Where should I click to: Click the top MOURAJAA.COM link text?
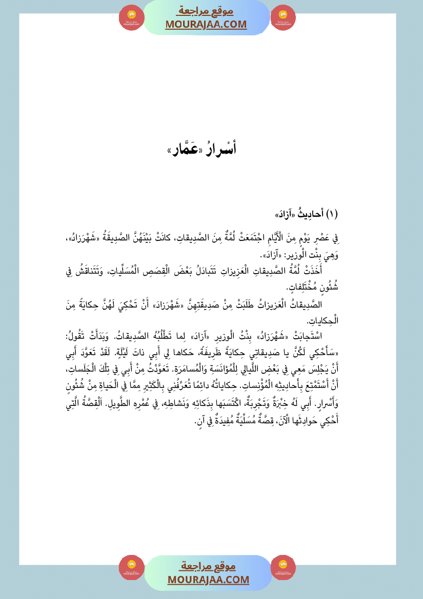coord(206,25)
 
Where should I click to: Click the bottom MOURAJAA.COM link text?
coord(208,580)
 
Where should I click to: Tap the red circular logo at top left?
coord(131,17)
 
